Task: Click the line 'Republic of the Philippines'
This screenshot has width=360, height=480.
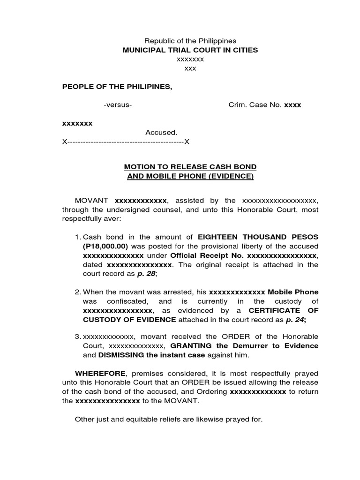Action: (190, 41)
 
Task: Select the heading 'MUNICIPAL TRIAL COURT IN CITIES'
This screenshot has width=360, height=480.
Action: (190, 50)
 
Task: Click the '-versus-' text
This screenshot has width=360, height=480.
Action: (118, 105)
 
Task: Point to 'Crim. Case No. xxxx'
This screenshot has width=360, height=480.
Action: (264, 105)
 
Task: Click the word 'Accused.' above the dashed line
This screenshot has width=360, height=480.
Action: (161, 133)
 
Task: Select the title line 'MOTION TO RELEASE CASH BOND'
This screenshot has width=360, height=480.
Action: (190, 167)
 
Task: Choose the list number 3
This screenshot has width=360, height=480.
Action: (78, 337)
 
